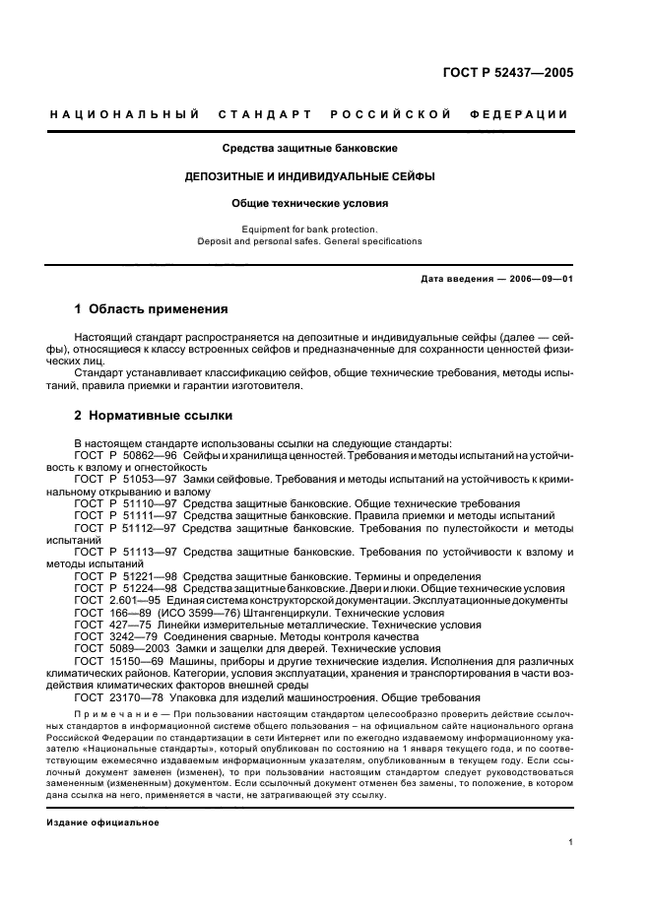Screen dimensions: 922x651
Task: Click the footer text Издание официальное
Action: pos(102,822)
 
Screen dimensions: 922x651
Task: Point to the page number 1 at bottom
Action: pos(571,842)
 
